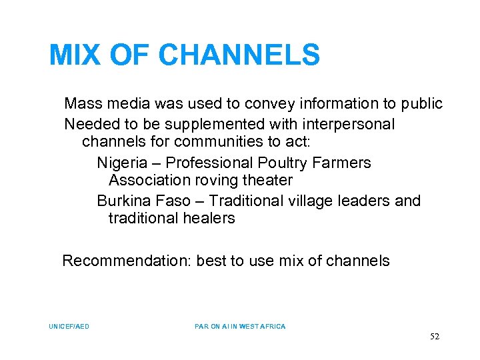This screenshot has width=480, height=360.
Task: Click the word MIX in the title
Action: tap(74, 55)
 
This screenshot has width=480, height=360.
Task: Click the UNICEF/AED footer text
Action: tap(69, 327)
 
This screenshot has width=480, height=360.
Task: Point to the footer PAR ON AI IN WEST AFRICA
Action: tap(240, 327)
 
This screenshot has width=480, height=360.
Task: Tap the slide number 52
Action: tap(435, 337)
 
